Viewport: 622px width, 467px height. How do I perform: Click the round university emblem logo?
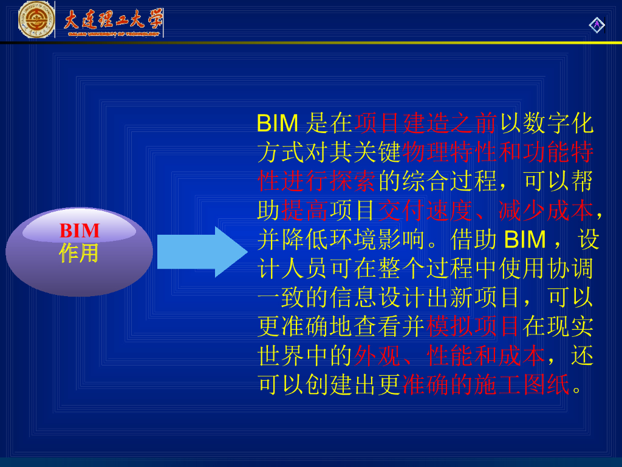[x=36, y=19]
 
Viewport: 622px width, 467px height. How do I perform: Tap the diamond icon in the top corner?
[x=596, y=24]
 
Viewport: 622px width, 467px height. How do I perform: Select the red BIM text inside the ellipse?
[x=80, y=231]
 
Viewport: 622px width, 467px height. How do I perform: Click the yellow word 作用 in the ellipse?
[x=79, y=252]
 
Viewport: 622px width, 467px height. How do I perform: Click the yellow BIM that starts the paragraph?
[x=278, y=123]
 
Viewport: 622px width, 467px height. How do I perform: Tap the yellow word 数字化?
[x=557, y=123]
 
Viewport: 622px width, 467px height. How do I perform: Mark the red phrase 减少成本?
[x=545, y=210]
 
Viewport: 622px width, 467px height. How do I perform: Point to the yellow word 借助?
[x=474, y=240]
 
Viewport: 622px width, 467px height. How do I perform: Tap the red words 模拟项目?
[x=474, y=327]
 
